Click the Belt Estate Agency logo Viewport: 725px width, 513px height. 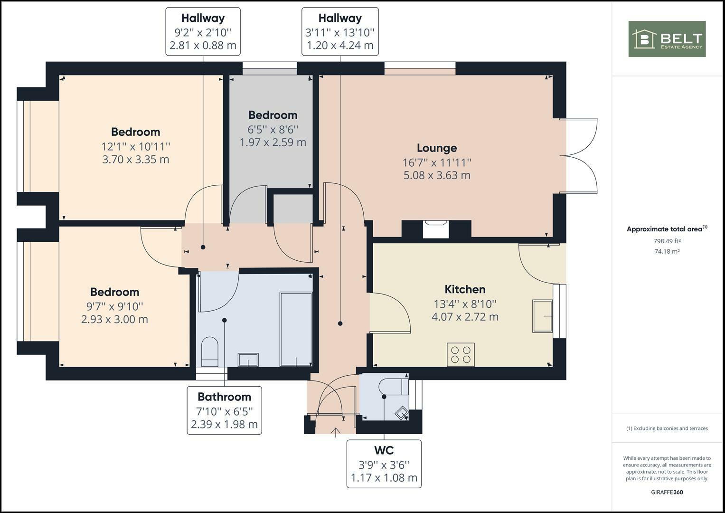(x=667, y=39)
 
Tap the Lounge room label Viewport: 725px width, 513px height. (x=437, y=148)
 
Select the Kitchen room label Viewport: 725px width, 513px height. (x=465, y=289)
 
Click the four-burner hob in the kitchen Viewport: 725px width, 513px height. (x=461, y=355)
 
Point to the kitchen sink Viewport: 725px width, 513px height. (x=542, y=316)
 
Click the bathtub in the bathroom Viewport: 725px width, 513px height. (x=296, y=329)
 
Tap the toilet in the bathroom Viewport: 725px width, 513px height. (x=209, y=352)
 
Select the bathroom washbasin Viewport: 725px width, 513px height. (x=248, y=360)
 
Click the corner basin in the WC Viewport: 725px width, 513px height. (x=402, y=413)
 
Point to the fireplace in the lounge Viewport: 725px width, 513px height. (x=435, y=229)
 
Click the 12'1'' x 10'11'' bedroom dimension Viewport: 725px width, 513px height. (x=136, y=146)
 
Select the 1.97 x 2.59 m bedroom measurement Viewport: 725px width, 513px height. (x=273, y=142)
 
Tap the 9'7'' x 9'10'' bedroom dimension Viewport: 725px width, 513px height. (x=114, y=306)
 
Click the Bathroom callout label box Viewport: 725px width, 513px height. (x=224, y=410)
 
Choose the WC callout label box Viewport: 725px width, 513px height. (x=384, y=464)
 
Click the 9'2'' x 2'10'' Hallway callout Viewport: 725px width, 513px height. (x=203, y=32)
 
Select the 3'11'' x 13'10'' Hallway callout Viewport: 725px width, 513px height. (x=340, y=32)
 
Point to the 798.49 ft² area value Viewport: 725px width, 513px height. (x=667, y=241)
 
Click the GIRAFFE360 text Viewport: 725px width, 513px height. (x=667, y=492)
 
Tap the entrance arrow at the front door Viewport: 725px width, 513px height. (x=336, y=432)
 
